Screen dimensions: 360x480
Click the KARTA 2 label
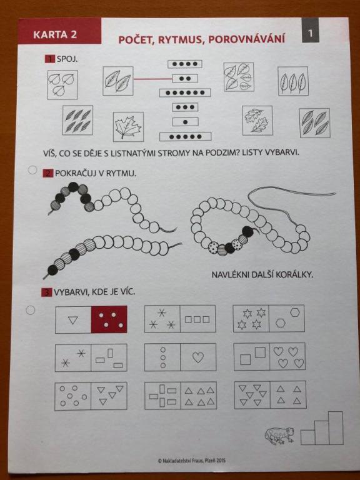55,34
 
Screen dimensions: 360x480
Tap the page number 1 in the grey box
311,33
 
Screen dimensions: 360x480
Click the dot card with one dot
185,122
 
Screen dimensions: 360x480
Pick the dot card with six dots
185,92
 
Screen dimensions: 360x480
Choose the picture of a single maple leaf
128,127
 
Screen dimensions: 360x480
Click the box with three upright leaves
293,81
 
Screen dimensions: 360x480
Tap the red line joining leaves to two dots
152,79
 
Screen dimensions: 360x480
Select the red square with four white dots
109,319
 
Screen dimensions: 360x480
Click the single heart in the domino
198,357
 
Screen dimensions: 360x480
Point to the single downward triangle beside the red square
73,320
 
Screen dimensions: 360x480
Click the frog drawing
279,435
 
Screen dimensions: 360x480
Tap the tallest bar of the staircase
336,428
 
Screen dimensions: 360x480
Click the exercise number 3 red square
46,292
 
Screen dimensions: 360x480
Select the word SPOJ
67,59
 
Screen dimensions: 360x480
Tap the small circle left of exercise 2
32,170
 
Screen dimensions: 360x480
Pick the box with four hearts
287,356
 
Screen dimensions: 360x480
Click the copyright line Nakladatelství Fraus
192,460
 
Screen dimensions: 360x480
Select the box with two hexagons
287,318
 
